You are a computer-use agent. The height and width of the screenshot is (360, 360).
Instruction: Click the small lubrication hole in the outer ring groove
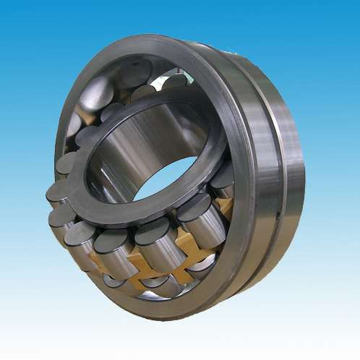278,214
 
